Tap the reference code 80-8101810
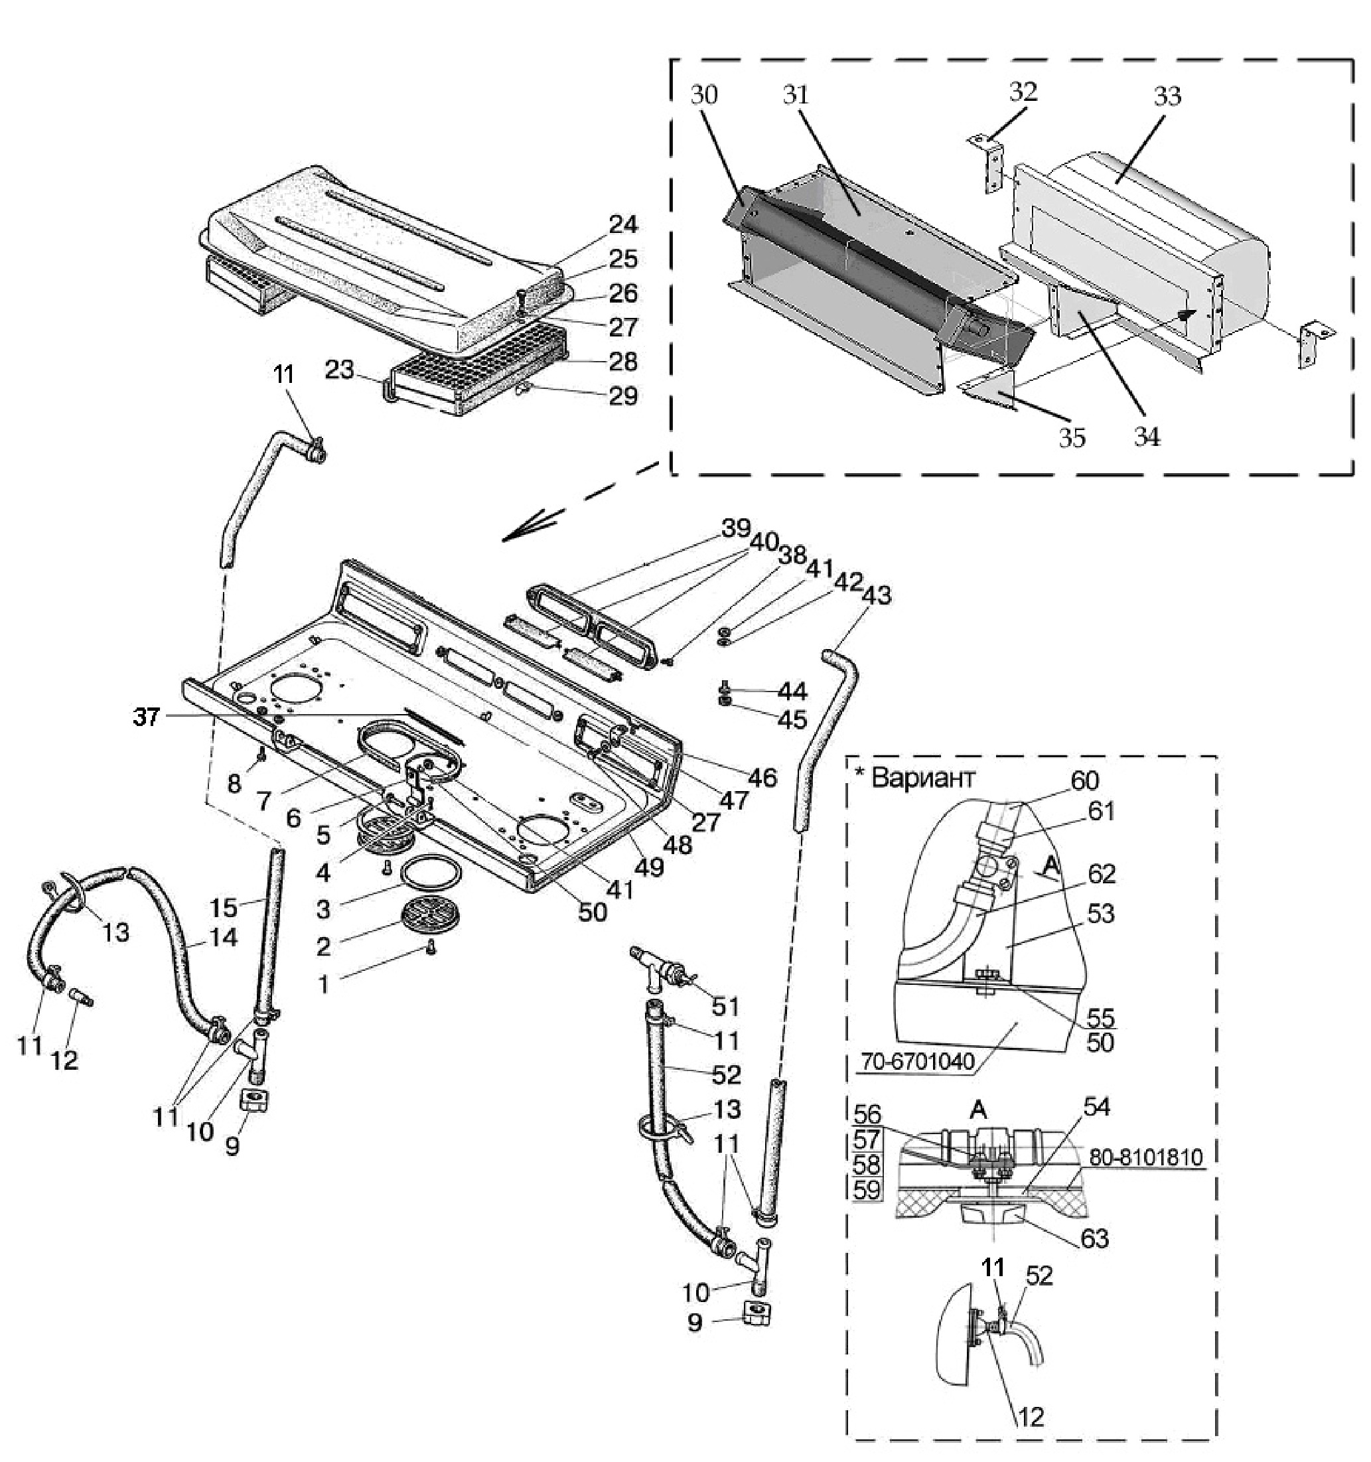click(1146, 1157)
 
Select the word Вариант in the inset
click(923, 777)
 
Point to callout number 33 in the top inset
click(1167, 96)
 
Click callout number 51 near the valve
click(726, 1005)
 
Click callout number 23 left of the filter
click(340, 369)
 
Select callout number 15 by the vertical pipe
click(224, 907)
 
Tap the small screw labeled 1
click(431, 950)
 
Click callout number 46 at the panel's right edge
click(762, 776)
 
